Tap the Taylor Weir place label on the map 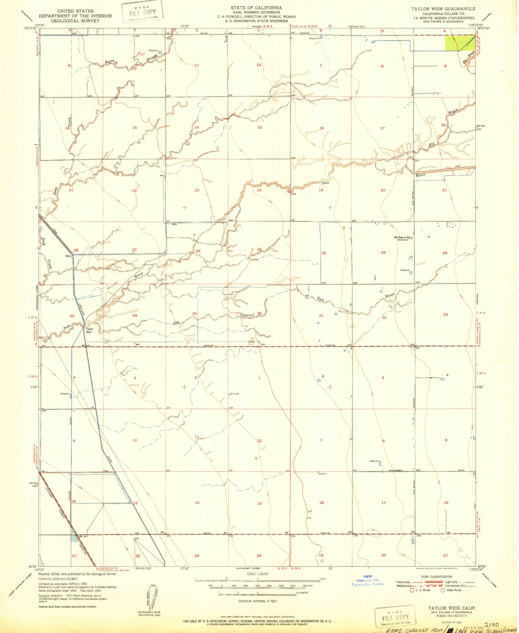[x=89, y=330]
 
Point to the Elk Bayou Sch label [x=403, y=238]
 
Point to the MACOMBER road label [x=395, y=470]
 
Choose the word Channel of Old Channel [x=247, y=315]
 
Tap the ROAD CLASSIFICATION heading [x=436, y=577]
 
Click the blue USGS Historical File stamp [x=368, y=580]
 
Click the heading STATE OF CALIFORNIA [x=256, y=8]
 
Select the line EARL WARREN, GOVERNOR [x=256, y=12]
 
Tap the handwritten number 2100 [x=491, y=625]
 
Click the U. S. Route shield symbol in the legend [x=412, y=590]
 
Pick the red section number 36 [x=259, y=313]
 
